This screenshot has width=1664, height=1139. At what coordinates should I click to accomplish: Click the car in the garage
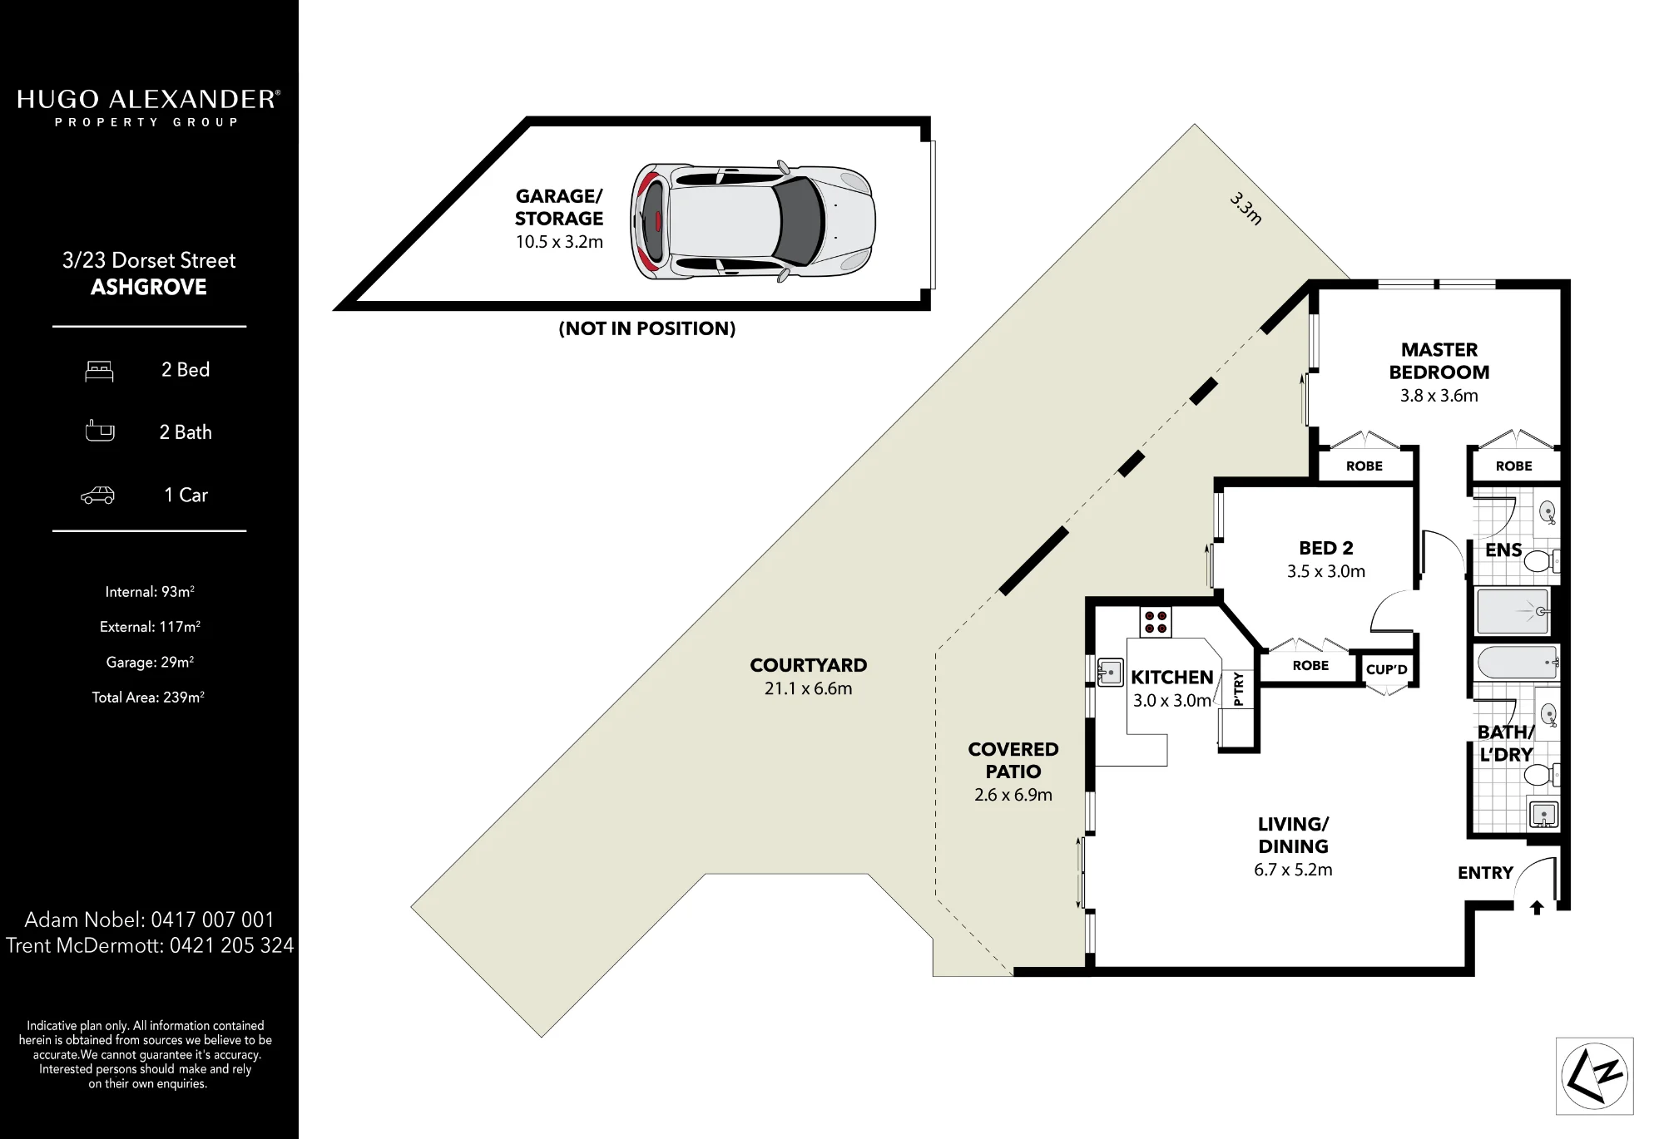pyautogui.click(x=753, y=221)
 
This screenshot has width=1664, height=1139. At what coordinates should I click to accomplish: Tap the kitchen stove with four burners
pyautogui.click(x=1156, y=622)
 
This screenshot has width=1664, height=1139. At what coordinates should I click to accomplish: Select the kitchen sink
pyautogui.click(x=1110, y=671)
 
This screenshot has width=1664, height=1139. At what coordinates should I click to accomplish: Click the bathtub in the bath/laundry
pyautogui.click(x=1517, y=663)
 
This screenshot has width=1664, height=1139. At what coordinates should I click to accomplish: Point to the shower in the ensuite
pyautogui.click(x=1513, y=611)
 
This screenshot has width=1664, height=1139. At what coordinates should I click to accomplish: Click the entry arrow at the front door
pyautogui.click(x=1537, y=908)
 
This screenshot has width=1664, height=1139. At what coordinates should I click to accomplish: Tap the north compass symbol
pyautogui.click(x=1594, y=1076)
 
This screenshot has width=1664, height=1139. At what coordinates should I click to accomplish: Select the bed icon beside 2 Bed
pyautogui.click(x=99, y=371)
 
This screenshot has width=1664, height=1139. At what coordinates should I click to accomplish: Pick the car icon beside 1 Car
pyautogui.click(x=97, y=496)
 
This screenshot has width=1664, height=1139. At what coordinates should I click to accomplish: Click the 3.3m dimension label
pyautogui.click(x=1246, y=209)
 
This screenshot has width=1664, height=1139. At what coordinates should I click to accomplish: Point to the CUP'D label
pyautogui.click(x=1387, y=669)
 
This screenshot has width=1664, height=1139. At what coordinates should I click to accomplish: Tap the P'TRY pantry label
pyautogui.click(x=1238, y=689)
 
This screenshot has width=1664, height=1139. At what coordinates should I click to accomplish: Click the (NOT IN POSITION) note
pyautogui.click(x=647, y=328)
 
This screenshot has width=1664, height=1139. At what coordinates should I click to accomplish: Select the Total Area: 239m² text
pyautogui.click(x=148, y=698)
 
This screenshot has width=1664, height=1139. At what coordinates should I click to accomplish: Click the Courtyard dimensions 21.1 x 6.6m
pyautogui.click(x=809, y=688)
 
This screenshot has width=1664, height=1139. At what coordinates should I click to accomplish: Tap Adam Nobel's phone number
pyautogui.click(x=212, y=920)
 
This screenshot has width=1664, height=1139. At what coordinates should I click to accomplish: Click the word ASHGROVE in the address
pyautogui.click(x=149, y=287)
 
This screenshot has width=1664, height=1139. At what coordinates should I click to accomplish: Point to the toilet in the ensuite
pyautogui.click(x=1540, y=561)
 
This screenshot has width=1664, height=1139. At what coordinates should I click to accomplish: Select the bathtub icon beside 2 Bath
pyautogui.click(x=100, y=431)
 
